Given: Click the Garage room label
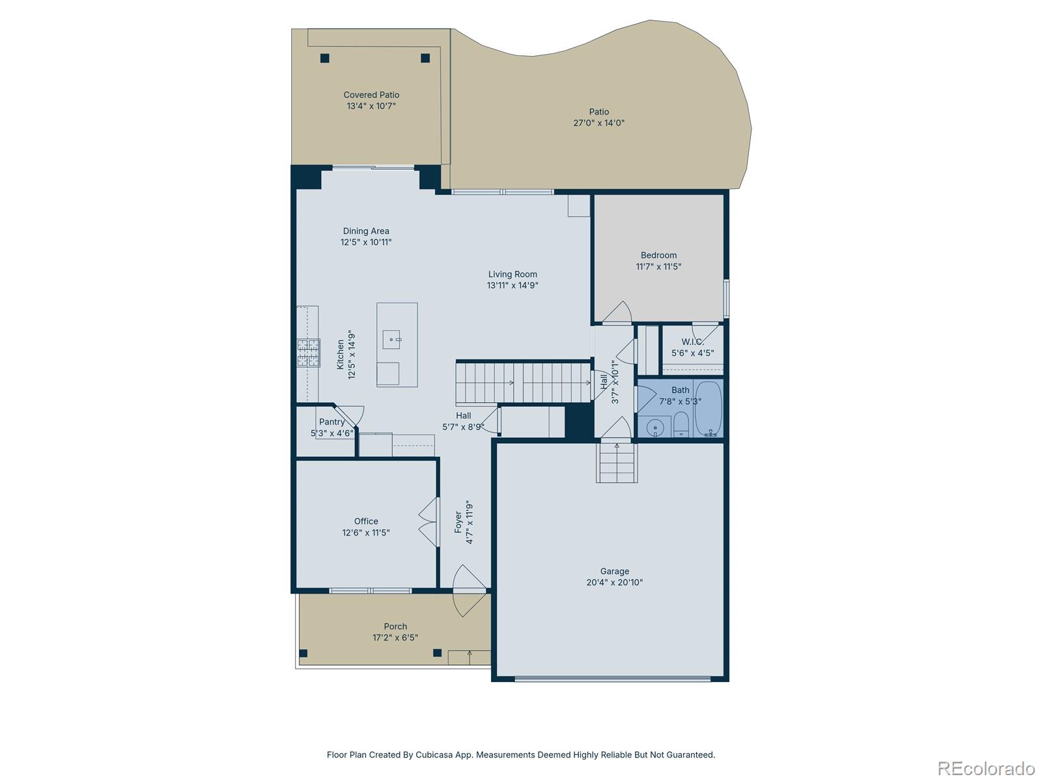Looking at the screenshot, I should click(614, 571).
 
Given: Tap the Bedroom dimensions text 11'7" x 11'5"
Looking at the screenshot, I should click(658, 266).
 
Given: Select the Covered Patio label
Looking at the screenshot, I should click(371, 95).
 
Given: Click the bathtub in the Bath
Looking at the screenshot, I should click(708, 409).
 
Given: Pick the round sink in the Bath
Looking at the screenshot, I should click(655, 428).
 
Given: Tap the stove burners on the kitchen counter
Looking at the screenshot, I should click(309, 353).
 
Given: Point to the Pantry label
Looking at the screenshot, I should click(331, 422).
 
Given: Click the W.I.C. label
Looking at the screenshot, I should click(692, 342).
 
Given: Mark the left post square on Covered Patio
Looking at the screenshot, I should click(325, 58).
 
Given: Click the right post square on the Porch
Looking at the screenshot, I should click(437, 653).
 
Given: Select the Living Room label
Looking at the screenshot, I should click(513, 274).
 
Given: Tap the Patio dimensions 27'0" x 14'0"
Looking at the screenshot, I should click(598, 122).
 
